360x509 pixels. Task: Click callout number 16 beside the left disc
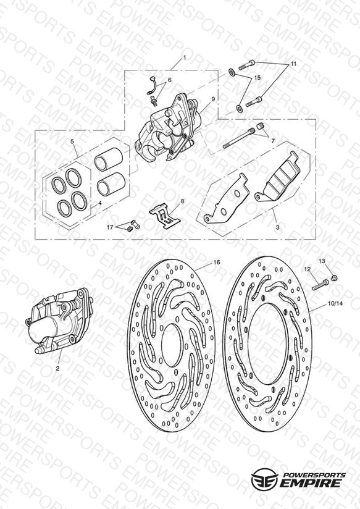click(217, 262)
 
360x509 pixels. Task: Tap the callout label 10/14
click(335, 304)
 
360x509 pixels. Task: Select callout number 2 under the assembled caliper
click(57, 368)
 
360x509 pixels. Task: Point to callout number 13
click(322, 261)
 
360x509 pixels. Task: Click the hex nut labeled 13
click(333, 278)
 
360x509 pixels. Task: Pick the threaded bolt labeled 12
click(320, 285)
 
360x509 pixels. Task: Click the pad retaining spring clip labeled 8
click(165, 215)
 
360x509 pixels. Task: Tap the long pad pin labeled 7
click(238, 138)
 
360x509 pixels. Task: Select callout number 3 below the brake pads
click(277, 227)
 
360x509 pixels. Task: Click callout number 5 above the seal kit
click(72, 141)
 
